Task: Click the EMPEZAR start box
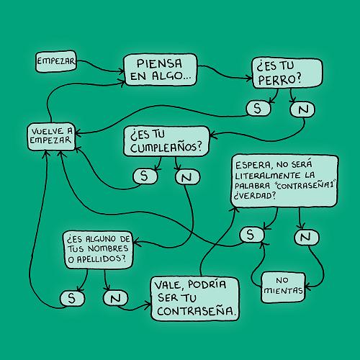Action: [56, 61]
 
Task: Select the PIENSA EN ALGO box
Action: [160, 70]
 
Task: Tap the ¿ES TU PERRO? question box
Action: [287, 73]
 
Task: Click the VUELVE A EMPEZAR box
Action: [51, 137]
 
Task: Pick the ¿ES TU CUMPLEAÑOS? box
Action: [166, 141]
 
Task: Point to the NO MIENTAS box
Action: [283, 287]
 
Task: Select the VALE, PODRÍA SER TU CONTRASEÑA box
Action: [195, 299]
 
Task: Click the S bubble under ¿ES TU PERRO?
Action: [258, 109]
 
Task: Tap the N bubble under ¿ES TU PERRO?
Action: [302, 109]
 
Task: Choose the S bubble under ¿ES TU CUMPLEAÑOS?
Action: [145, 176]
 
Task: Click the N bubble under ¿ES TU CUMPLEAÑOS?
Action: [187, 177]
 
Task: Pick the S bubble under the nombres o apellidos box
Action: [72, 298]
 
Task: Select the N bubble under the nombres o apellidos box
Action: [115, 298]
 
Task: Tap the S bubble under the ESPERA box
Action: [251, 235]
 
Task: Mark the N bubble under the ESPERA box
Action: [307, 238]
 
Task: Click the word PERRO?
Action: [279, 80]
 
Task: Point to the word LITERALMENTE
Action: [268, 176]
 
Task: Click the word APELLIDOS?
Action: [101, 258]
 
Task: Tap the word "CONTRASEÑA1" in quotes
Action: [305, 185]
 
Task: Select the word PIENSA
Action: [159, 63]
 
